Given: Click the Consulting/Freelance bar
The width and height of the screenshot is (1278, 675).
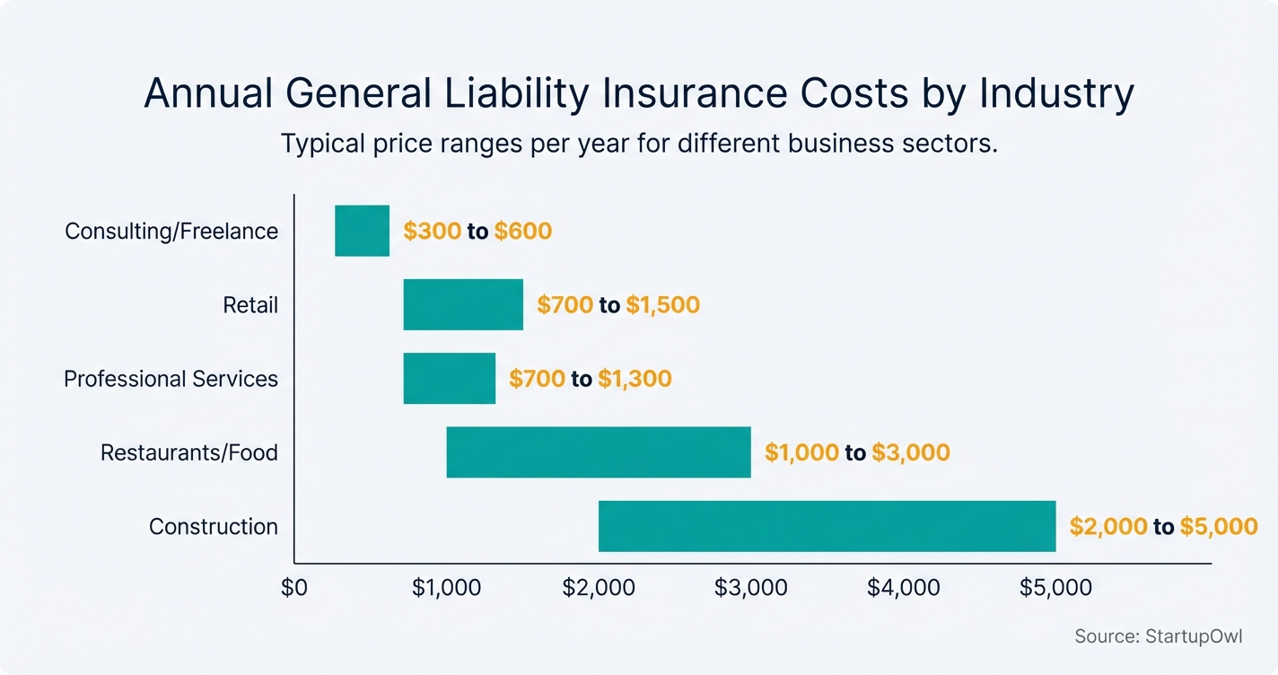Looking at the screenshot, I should click(362, 231).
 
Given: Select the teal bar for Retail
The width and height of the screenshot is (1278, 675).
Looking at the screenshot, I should click(463, 304).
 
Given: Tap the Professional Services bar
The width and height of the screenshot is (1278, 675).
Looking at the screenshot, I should click(449, 378).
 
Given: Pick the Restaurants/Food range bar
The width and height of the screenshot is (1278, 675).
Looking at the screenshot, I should click(599, 451).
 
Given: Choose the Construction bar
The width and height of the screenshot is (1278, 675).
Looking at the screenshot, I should click(827, 526).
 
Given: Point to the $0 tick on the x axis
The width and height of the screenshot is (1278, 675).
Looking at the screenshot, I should click(294, 588).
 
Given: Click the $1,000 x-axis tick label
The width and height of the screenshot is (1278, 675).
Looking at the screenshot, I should click(446, 588).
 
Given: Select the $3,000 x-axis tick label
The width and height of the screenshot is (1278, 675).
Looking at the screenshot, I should click(750, 588).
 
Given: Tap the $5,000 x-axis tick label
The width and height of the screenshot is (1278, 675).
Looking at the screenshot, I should click(1055, 588).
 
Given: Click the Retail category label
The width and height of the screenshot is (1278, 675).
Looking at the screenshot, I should click(250, 305).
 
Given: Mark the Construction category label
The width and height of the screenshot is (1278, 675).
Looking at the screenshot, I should click(214, 526).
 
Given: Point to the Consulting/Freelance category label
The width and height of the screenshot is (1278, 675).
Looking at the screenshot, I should click(171, 232).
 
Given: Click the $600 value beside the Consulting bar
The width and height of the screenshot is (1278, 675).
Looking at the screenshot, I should click(522, 232).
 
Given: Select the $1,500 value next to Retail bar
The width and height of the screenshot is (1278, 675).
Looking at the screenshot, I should click(662, 305).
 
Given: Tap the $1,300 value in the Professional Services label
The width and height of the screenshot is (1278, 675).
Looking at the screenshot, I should click(635, 379).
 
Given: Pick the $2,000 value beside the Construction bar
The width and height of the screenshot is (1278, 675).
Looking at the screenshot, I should click(1107, 526).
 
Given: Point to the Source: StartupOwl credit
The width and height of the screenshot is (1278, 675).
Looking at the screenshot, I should click(1158, 636).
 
